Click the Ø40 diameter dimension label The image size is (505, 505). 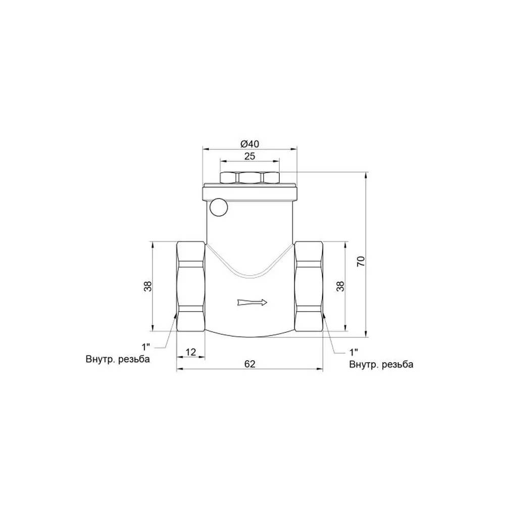249,143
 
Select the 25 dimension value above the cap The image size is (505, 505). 249,156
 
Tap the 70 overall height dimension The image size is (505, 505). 361,261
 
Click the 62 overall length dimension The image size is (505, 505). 249,364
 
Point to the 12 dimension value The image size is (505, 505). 191,352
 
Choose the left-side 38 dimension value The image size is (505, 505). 147,286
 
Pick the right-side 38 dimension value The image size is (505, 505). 340,286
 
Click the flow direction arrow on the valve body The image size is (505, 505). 252,302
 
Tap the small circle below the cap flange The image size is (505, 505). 218,207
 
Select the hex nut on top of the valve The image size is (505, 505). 249,178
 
